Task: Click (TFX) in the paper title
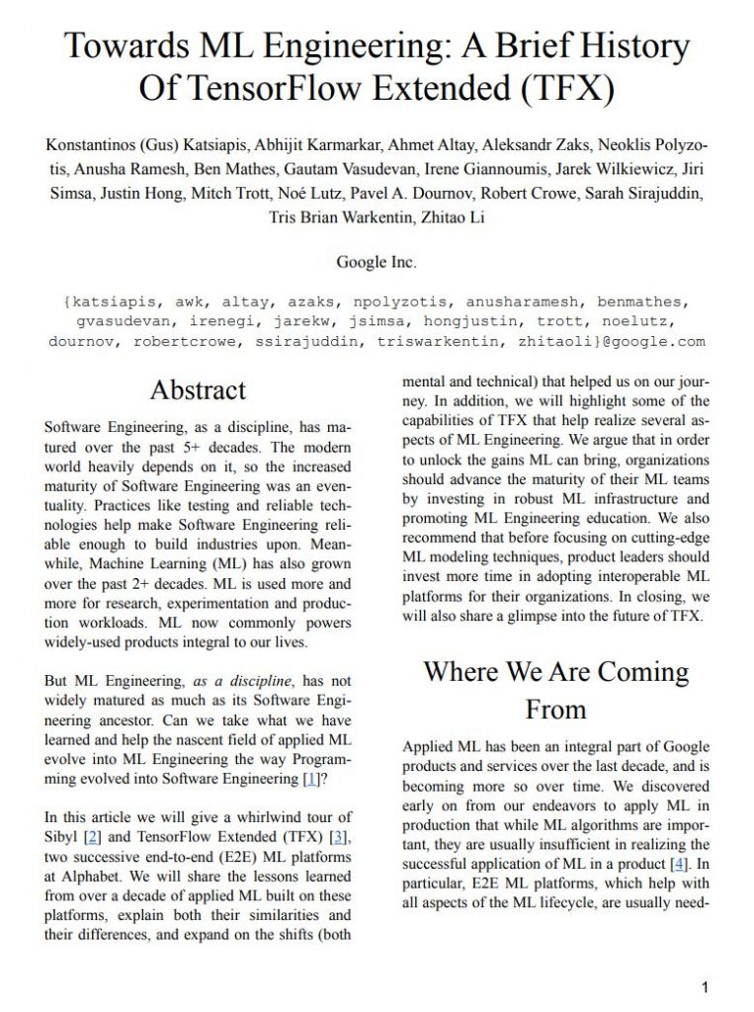(x=567, y=88)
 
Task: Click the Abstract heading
(x=198, y=390)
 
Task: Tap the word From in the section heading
(x=555, y=709)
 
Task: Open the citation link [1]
(x=311, y=780)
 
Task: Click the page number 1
(x=705, y=986)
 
